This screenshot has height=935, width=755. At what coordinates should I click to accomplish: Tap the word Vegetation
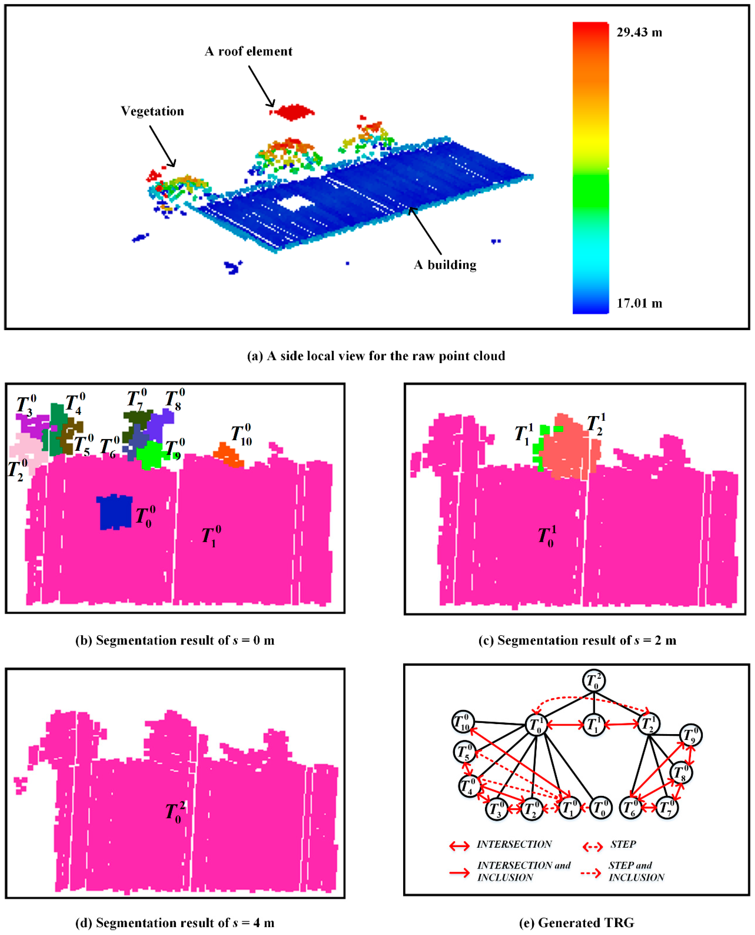[x=152, y=111]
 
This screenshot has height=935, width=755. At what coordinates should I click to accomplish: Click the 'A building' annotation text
[x=445, y=265]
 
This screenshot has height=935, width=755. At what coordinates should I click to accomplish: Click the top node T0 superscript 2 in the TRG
[x=594, y=681]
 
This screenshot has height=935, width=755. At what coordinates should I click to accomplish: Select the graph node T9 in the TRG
[x=690, y=735]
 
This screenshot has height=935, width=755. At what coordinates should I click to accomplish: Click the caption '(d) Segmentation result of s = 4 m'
[x=175, y=923]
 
